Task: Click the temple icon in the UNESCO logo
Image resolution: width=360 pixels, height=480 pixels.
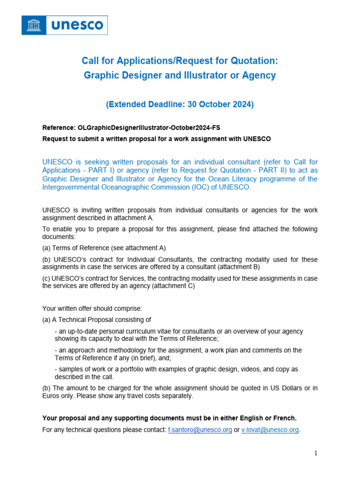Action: tap(34, 25)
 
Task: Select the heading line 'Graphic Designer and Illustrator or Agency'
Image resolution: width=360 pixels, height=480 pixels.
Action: tap(180, 75)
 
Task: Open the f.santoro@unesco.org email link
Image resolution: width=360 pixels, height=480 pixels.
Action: tap(200, 430)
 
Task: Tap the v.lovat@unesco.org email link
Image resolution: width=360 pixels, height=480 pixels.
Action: tap(270, 430)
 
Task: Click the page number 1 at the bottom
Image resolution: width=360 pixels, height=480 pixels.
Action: tap(316, 453)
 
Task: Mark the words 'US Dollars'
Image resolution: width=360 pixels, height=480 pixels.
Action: tap(284, 388)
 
